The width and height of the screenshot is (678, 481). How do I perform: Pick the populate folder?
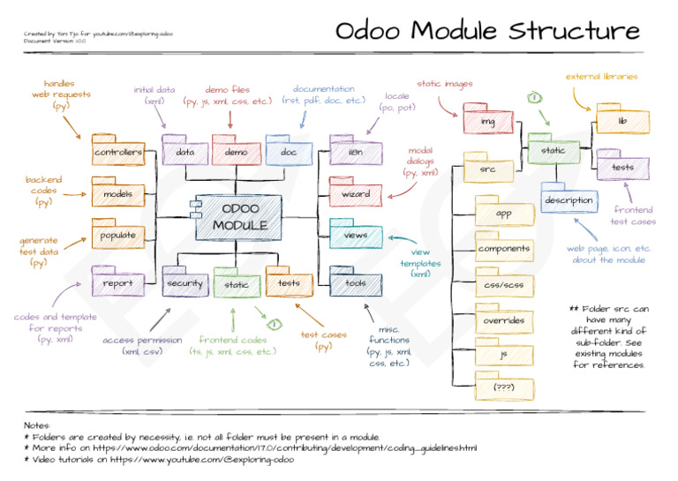tap(118, 236)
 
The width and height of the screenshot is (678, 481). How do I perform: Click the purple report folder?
tap(118, 283)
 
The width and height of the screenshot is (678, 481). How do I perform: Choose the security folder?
tap(185, 283)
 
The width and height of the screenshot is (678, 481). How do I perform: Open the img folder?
tap(487, 120)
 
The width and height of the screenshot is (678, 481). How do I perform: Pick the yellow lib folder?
tap(621, 120)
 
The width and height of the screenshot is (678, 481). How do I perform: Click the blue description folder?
tap(569, 200)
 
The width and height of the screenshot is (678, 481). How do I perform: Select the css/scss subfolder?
tap(503, 285)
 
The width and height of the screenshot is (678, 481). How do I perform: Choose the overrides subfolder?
tap(503, 320)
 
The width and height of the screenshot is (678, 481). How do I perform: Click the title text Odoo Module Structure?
tap(487, 31)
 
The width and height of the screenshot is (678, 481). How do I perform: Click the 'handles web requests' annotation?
tap(49, 94)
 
